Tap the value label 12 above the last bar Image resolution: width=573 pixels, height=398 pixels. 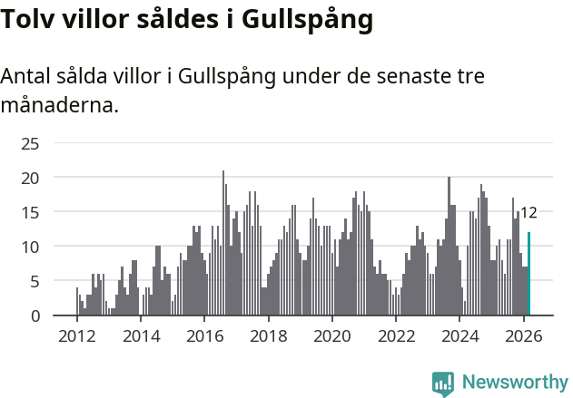click(529, 213)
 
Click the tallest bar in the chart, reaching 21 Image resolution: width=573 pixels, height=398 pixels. click(223, 243)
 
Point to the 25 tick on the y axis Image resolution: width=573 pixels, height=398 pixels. click(30, 143)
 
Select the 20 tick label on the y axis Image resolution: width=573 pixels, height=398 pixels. click(30, 178)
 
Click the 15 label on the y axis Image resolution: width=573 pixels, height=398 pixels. click(30, 212)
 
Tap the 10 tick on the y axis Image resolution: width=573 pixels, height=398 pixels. click(30, 247)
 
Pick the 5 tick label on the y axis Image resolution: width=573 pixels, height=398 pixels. click(35, 281)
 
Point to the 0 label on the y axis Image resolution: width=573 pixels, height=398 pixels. click(35, 315)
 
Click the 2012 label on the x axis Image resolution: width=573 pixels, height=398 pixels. click(76, 336)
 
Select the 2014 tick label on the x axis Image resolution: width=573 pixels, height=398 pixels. click(140, 336)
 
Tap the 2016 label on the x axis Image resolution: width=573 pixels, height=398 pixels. click(204, 336)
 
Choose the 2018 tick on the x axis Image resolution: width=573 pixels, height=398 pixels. click(268, 336)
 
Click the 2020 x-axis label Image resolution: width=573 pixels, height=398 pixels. click(331, 336)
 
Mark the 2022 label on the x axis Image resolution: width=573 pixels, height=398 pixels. click(396, 336)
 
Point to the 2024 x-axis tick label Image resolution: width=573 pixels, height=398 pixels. click(459, 336)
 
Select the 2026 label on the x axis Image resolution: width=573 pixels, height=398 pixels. click(523, 336)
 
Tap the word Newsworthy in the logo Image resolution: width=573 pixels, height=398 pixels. click(515, 383)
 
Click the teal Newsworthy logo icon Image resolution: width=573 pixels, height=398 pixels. click(443, 383)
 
